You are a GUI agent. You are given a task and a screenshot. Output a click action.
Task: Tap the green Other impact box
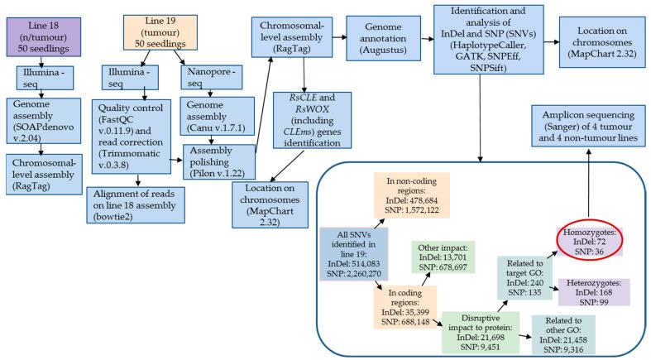tap(443, 256)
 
